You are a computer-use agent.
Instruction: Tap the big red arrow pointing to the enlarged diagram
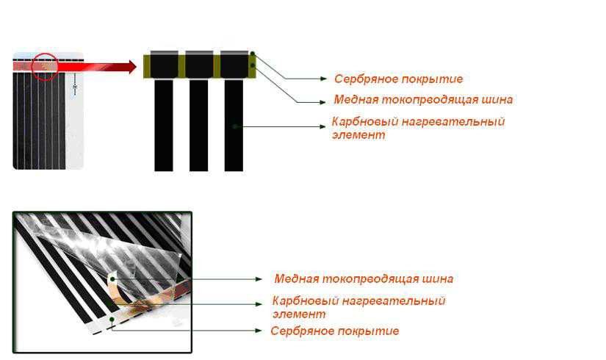97,67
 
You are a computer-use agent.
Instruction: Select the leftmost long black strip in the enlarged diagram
164,126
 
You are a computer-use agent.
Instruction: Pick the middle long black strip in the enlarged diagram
198,126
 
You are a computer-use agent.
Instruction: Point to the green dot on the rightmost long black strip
234,126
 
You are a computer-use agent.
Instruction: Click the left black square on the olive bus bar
165,65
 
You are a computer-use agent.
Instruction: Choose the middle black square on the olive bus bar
199,65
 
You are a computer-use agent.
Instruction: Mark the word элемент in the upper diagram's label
358,135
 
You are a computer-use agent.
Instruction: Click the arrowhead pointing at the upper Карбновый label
322,126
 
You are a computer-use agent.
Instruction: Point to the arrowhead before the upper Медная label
322,102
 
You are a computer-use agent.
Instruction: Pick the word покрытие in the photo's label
368,331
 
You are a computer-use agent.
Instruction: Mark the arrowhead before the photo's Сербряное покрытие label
259,331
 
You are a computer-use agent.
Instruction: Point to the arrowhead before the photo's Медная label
259,278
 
